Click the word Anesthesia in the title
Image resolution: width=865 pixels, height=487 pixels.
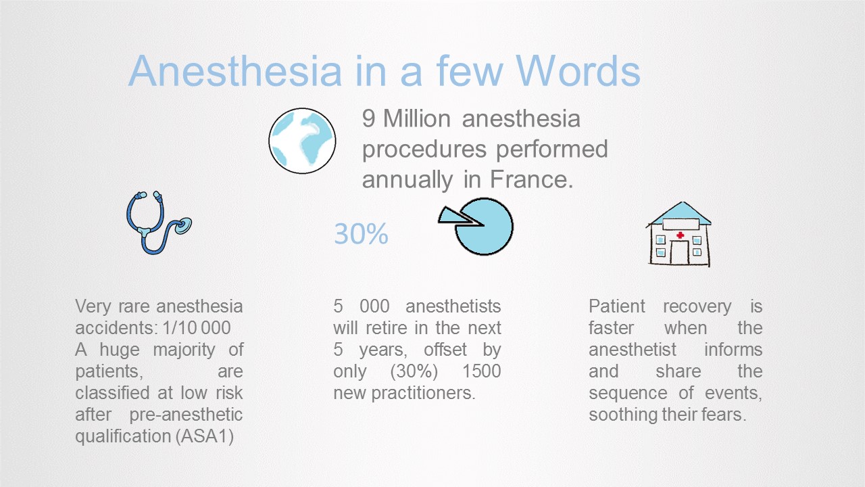click(234, 71)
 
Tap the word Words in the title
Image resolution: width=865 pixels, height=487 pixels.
click(578, 71)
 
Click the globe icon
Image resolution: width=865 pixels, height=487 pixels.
click(302, 141)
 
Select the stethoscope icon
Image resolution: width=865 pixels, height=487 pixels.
click(159, 223)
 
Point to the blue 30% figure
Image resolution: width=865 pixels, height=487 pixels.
click(361, 234)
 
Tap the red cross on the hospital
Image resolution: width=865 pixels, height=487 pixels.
click(680, 235)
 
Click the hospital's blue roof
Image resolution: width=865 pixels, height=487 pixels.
click(680, 213)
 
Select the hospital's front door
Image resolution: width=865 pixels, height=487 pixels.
click(679, 252)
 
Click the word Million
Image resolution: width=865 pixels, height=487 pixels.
click(417, 118)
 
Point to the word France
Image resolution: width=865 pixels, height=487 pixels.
click(531, 179)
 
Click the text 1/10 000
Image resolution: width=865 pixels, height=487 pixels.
click(197, 328)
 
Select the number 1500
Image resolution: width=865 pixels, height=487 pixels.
click(482, 371)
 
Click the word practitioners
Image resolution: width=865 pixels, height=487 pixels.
click(423, 394)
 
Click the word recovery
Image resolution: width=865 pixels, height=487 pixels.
click(697, 306)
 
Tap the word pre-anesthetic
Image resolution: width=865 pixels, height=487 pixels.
click(186, 415)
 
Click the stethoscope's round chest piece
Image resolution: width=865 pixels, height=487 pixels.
click(183, 226)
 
